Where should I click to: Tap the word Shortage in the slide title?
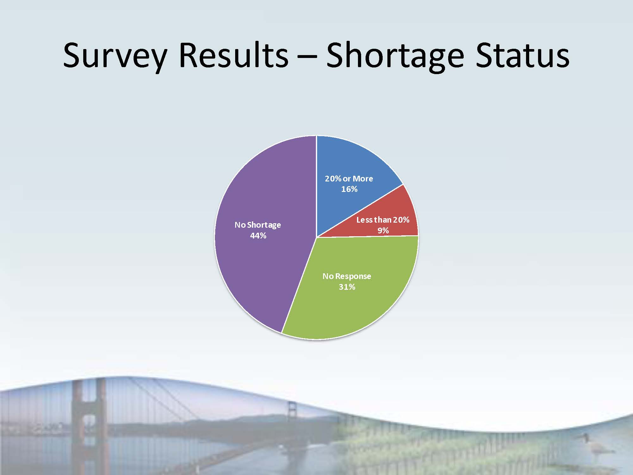(x=395, y=56)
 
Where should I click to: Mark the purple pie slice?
(x=263, y=234)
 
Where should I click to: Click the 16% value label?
(x=349, y=189)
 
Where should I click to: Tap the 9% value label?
(x=383, y=230)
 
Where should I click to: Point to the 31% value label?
(x=347, y=287)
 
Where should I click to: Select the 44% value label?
(x=258, y=236)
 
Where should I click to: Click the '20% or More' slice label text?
(x=349, y=179)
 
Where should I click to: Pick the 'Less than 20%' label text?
(x=383, y=220)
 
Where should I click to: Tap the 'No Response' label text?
(x=347, y=276)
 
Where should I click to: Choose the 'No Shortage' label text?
(x=258, y=225)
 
